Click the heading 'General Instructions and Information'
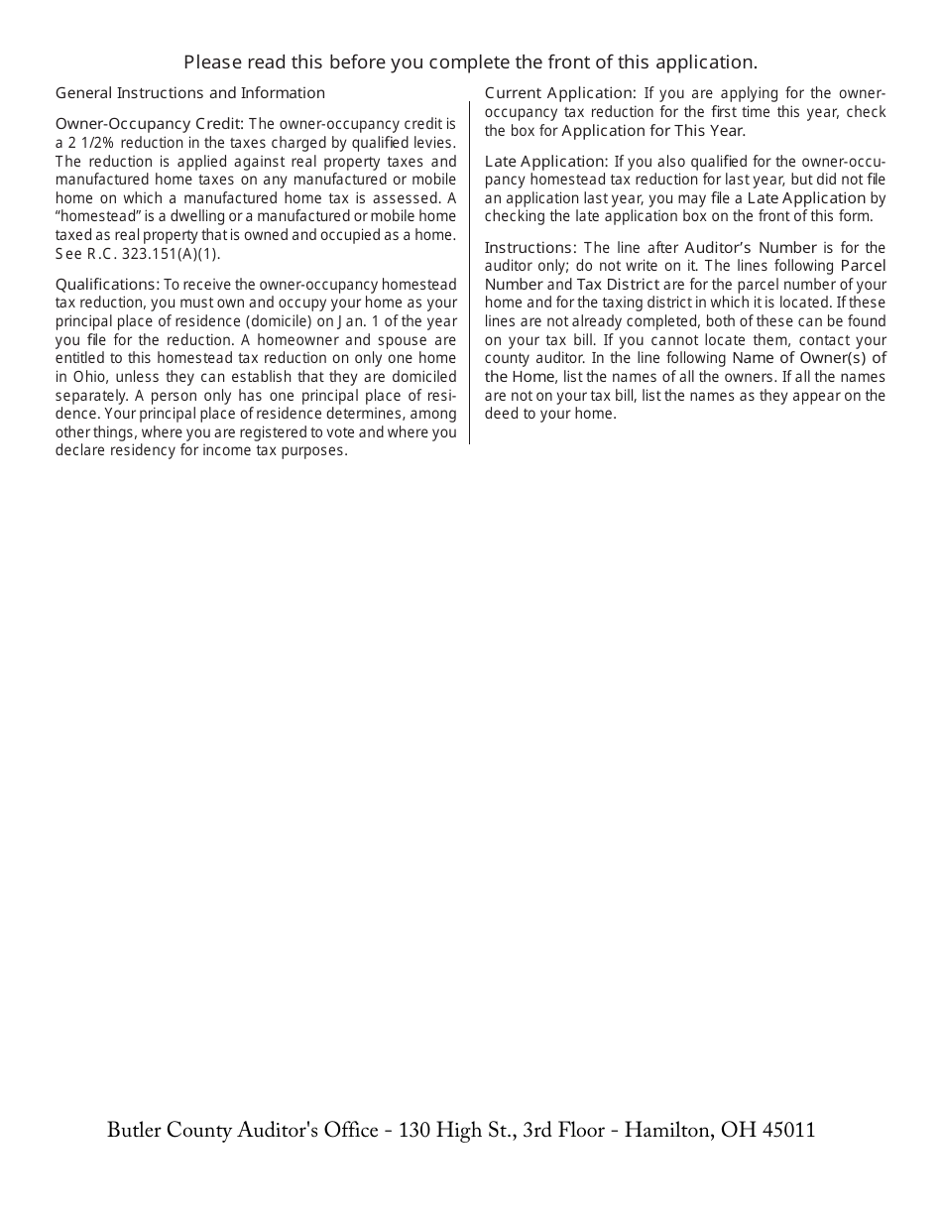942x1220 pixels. tap(190, 93)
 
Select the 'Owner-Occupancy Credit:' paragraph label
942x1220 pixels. tap(150, 124)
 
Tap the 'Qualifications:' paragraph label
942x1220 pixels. tap(107, 285)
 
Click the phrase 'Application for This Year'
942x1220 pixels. tap(651, 131)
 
